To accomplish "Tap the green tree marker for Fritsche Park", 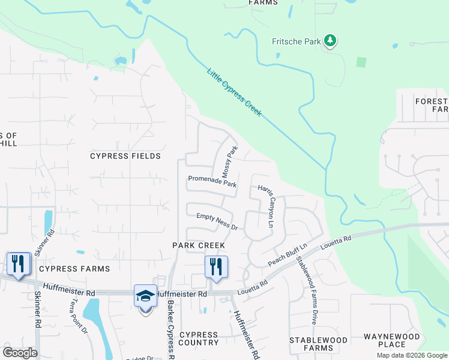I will click(x=330, y=41).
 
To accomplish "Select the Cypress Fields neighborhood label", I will click(x=125, y=156).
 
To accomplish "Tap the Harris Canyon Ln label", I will click(x=266, y=206).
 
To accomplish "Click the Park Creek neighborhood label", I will click(x=199, y=245).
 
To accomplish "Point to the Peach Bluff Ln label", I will click(x=288, y=255).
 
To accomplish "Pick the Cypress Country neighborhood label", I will click(x=199, y=338).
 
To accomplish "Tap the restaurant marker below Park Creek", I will click(x=216, y=266).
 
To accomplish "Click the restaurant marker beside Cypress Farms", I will click(x=18, y=263).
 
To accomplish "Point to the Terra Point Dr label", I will click(x=79, y=317).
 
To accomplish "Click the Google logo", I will click(x=20, y=353).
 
